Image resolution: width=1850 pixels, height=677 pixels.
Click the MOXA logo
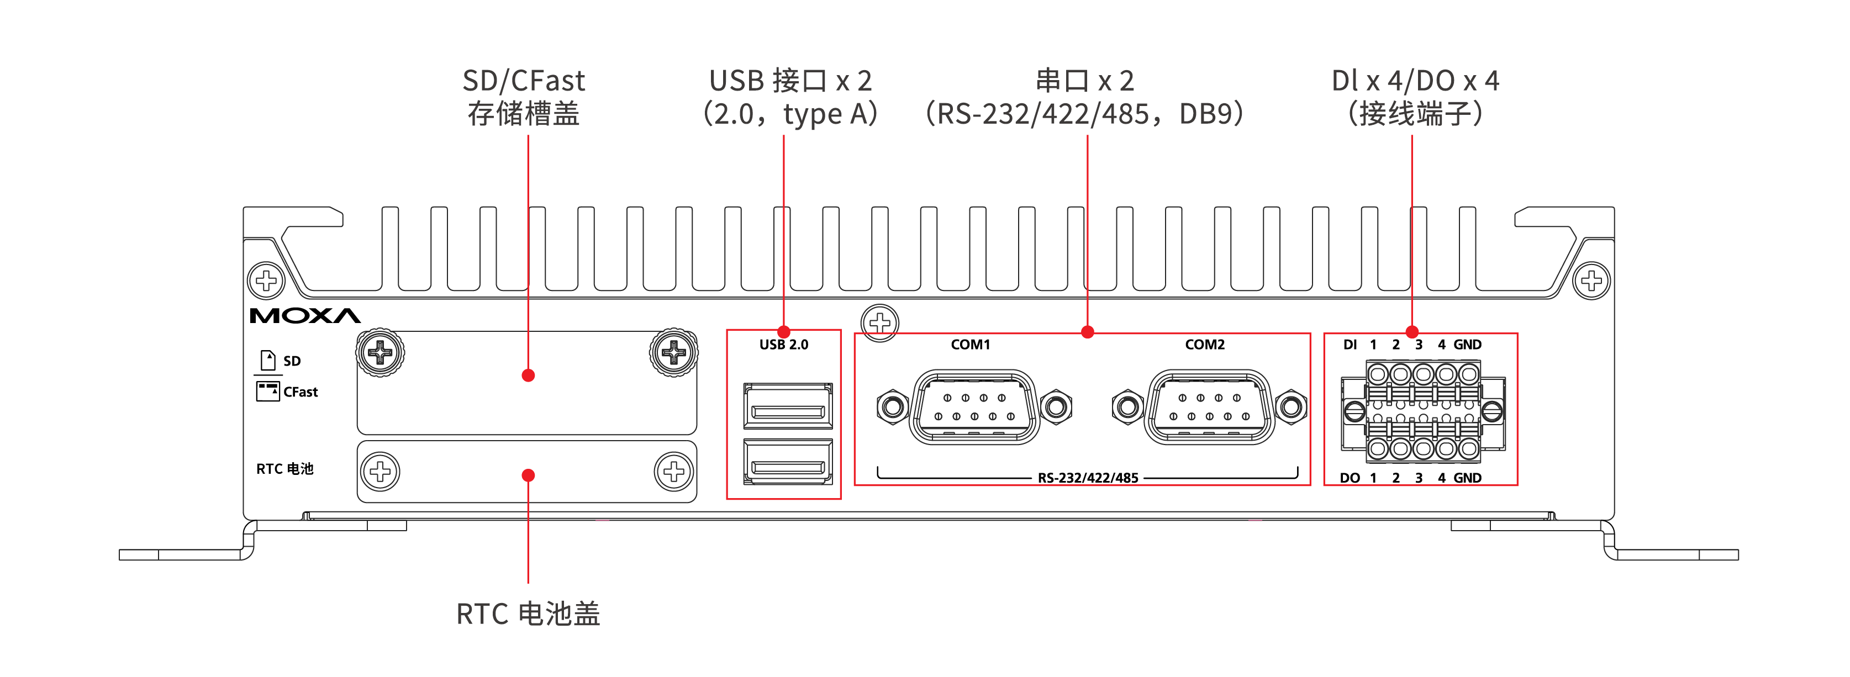pos(305,316)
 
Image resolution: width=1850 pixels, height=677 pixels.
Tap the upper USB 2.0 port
pos(788,406)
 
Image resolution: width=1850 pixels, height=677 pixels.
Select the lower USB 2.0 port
pos(788,462)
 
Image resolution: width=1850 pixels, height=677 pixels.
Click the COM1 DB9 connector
pos(974,407)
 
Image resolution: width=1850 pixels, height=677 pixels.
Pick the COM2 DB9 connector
pos(1209,407)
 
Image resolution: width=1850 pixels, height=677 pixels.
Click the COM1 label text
pos(970,345)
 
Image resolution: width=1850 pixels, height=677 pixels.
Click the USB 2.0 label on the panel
pos(783,345)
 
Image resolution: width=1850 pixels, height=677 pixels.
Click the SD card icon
pos(268,359)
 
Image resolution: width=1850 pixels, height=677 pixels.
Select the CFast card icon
pos(268,392)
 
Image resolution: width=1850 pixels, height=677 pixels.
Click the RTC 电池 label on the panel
pos(285,469)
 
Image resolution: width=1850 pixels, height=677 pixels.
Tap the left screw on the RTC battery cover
pos(380,472)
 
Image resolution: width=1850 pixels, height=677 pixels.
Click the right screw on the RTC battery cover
pos(673,472)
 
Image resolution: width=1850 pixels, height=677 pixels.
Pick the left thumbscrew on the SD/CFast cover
pos(380,352)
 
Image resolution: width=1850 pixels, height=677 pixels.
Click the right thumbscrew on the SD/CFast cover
pos(673,352)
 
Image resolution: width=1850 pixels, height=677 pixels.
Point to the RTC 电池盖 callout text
pos(528,614)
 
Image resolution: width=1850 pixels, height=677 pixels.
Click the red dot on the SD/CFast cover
pos(528,375)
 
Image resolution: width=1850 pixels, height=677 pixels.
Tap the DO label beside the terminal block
pos(1350,478)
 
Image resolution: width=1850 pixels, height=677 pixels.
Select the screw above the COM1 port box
pos(880,323)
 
